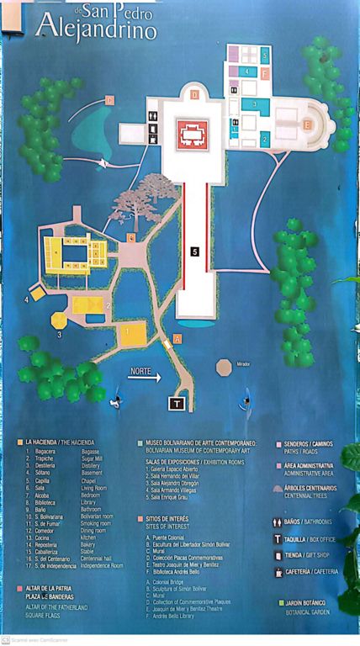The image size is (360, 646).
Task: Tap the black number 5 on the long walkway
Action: tap(193, 251)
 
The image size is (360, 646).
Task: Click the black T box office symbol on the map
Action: tap(177, 403)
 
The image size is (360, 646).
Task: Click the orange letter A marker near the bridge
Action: tap(177, 339)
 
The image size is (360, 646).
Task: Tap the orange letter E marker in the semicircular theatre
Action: tap(307, 125)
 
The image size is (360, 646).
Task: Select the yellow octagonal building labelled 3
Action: tap(59, 320)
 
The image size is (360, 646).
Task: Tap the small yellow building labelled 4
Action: tap(37, 295)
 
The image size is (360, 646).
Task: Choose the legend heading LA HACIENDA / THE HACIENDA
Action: tap(59, 442)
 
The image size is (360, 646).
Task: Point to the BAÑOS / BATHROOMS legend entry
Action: tap(308, 522)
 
